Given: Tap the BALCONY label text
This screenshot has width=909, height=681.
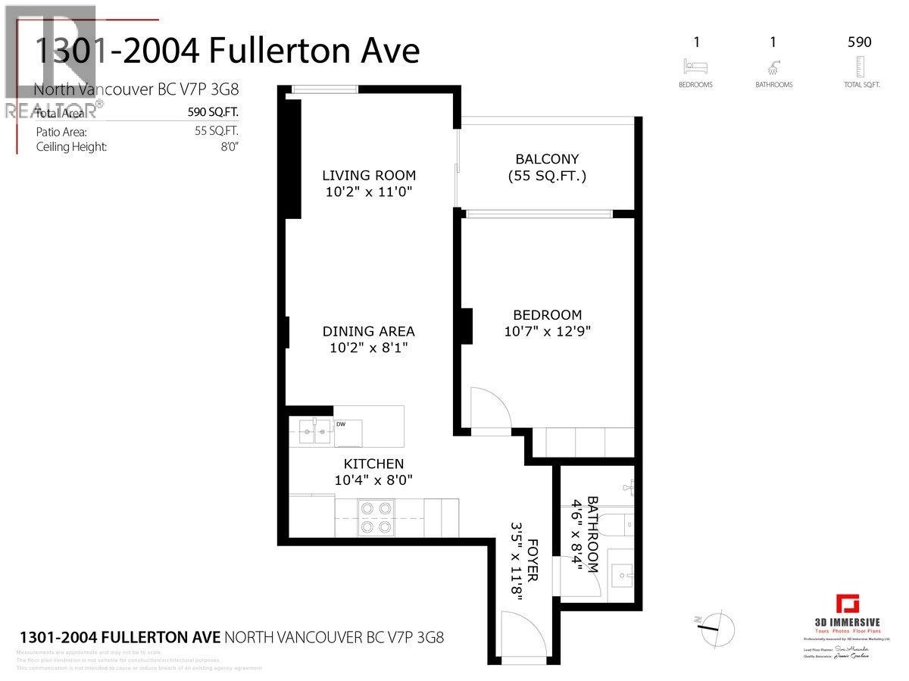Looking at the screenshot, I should (547, 159).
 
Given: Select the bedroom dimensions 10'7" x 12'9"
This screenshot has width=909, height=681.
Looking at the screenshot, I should (547, 331).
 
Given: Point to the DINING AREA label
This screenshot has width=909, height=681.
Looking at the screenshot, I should (368, 331).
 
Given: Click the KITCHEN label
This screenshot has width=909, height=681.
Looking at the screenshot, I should (373, 464).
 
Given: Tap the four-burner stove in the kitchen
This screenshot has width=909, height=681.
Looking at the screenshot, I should (376, 517).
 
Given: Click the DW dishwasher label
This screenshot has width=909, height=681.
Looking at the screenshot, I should (341, 424).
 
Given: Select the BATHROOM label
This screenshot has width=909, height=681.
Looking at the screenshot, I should (592, 534).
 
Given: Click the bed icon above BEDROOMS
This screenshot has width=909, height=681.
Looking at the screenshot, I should (695, 66).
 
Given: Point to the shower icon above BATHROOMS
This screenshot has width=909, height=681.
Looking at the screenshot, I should (773, 66).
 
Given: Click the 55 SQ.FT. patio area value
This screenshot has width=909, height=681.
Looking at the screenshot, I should (217, 131).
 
